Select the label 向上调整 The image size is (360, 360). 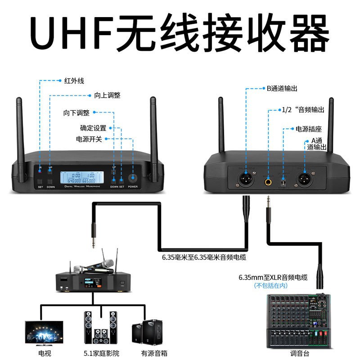[x=108, y=95]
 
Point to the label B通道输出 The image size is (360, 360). [x=282, y=89]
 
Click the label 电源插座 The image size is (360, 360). [x=308, y=129]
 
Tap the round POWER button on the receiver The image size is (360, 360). [x=133, y=177]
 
